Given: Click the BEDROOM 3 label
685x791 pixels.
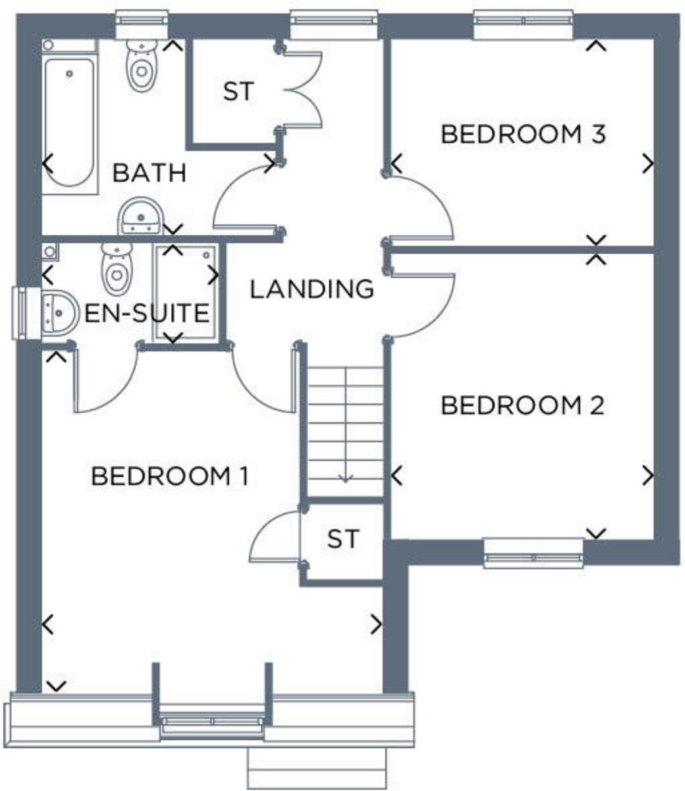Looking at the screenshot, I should (522, 134).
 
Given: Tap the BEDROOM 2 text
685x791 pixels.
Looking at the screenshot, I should (522, 405).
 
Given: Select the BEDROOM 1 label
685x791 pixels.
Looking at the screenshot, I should (169, 475).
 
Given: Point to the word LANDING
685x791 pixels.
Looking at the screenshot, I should (312, 289).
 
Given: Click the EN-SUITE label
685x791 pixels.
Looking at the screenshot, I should (147, 312).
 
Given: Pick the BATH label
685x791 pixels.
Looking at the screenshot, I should (149, 173).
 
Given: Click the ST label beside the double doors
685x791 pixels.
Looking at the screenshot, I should (238, 92).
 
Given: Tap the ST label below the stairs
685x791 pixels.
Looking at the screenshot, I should (344, 539).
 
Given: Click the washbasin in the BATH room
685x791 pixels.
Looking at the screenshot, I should (140, 216).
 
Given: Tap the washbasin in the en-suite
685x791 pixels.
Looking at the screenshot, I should (57, 312).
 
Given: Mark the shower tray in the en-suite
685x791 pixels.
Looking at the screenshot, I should (186, 292).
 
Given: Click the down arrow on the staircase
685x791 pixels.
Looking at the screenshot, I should (345, 477).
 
